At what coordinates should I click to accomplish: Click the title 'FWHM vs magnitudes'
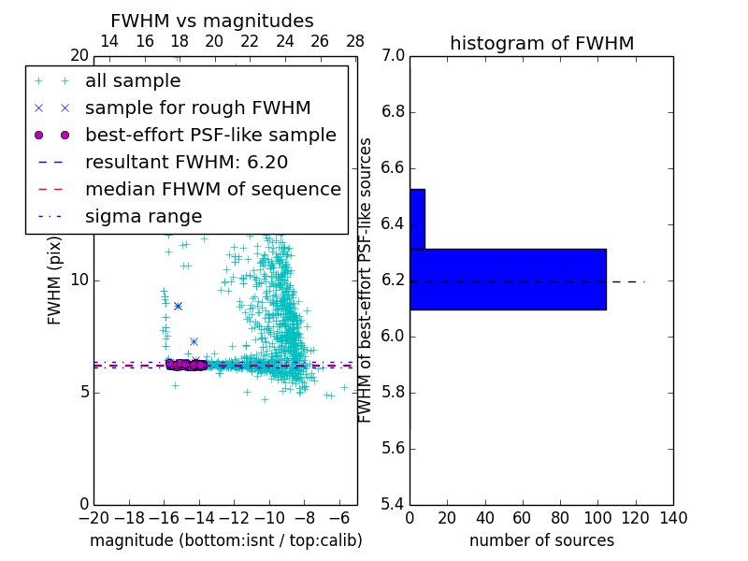click(x=211, y=21)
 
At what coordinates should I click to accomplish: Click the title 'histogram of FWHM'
click(x=541, y=43)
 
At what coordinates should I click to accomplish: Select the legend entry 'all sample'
click(x=133, y=81)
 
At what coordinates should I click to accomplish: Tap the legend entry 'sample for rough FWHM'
click(x=197, y=108)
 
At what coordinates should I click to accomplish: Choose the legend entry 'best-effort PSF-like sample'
click(x=210, y=135)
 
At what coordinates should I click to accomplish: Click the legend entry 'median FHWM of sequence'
click(x=212, y=189)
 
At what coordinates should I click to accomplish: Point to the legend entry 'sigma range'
click(x=143, y=216)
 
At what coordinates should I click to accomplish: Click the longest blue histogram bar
click(x=507, y=279)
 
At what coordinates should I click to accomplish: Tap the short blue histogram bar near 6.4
click(x=417, y=219)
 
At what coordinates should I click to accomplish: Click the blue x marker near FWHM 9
click(x=178, y=306)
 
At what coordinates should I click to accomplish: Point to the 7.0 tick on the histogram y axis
click(x=394, y=56)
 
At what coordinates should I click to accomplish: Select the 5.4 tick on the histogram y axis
click(x=394, y=504)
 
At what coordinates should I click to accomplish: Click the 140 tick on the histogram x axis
click(x=673, y=518)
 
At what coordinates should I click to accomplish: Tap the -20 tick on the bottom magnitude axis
click(x=93, y=518)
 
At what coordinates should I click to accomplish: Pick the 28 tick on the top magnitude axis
click(x=355, y=41)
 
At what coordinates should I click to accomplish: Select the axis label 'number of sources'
click(x=541, y=540)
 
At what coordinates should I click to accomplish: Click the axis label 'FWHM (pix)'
click(x=55, y=281)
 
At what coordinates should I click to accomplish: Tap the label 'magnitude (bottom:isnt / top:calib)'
click(x=225, y=540)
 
